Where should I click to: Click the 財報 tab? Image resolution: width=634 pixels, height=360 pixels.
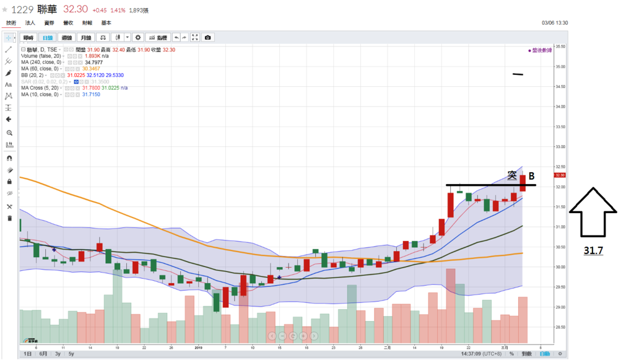coord(87,23)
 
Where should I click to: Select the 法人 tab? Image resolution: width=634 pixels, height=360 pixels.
coord(30,23)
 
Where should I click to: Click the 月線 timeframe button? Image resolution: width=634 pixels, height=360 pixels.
coord(87,38)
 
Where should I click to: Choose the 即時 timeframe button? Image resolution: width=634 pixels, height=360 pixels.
coord(28,38)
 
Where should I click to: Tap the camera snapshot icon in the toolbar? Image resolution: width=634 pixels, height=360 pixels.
coord(207,38)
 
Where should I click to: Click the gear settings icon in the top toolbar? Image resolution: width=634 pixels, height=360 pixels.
coord(138,38)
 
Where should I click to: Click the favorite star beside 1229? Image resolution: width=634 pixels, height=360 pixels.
coord(5,10)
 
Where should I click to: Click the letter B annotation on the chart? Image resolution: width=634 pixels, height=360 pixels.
coord(531,177)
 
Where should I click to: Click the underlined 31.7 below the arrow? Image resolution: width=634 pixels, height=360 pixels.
coord(593,251)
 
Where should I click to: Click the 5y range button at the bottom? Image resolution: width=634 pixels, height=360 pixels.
coord(71,354)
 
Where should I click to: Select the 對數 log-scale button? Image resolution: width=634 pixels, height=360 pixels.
coord(526,354)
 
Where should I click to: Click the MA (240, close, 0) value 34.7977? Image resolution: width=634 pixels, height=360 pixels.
coord(93,63)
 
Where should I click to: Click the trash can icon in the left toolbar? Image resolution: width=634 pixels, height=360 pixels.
coord(9,218)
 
